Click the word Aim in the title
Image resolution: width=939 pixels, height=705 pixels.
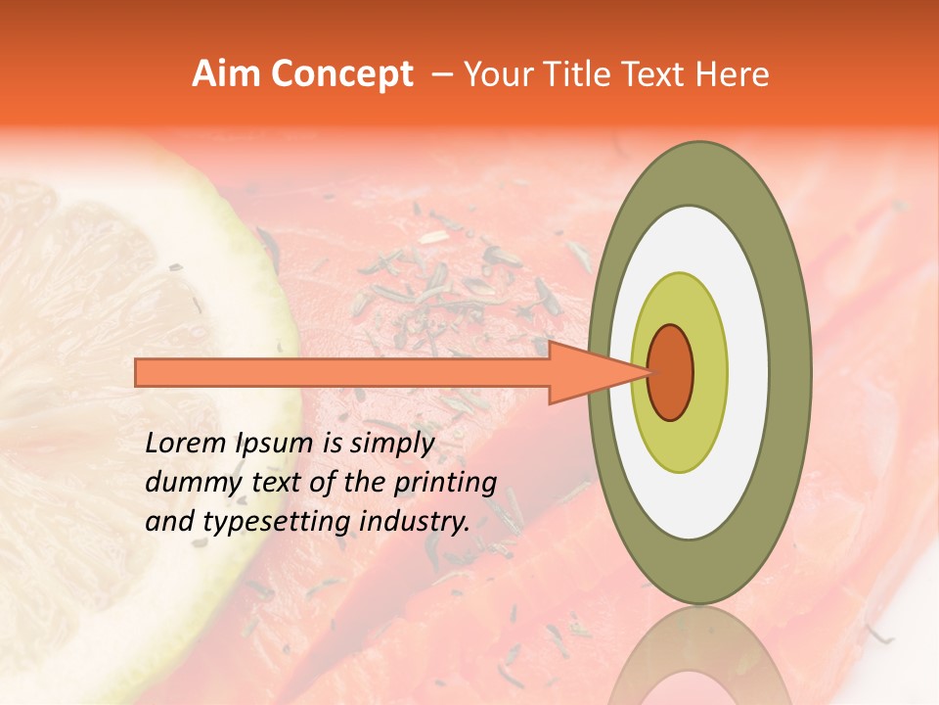[x=227, y=74]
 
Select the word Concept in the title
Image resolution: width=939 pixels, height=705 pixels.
[x=341, y=74]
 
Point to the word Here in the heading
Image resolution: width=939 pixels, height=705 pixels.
[x=733, y=74]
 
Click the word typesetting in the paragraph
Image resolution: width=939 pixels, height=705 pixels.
[x=272, y=523]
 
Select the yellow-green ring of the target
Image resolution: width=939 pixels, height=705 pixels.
[x=709, y=372]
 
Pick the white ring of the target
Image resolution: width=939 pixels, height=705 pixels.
[x=748, y=372]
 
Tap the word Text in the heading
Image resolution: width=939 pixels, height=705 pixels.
[x=658, y=74]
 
